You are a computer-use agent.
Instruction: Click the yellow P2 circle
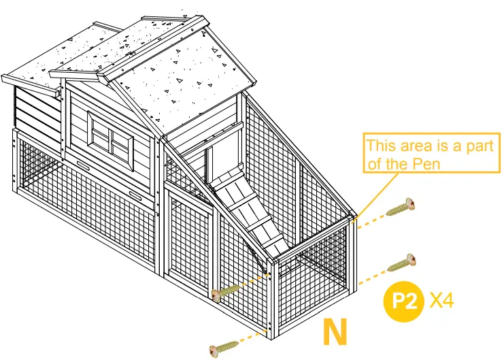click(x=405, y=300)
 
